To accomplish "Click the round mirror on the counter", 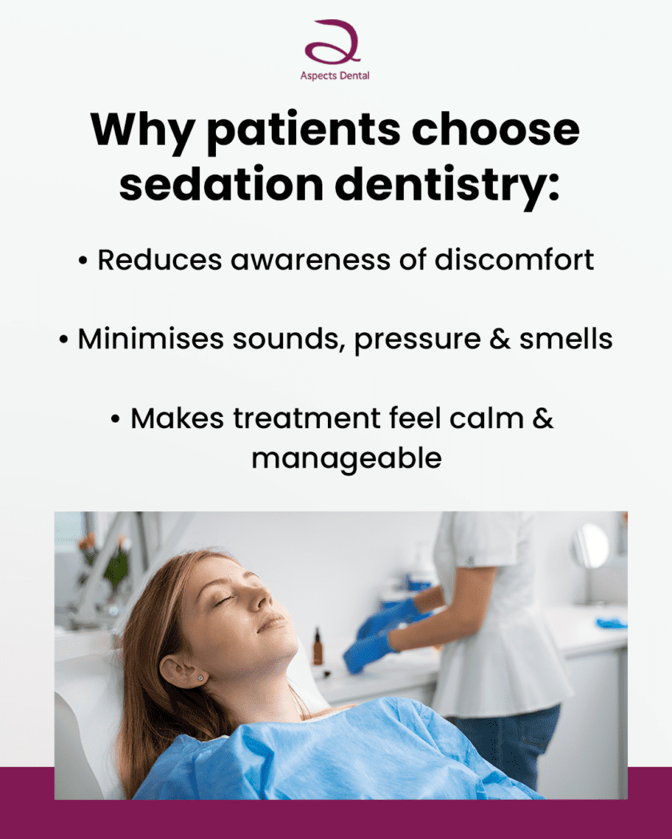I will tap(590, 546).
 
